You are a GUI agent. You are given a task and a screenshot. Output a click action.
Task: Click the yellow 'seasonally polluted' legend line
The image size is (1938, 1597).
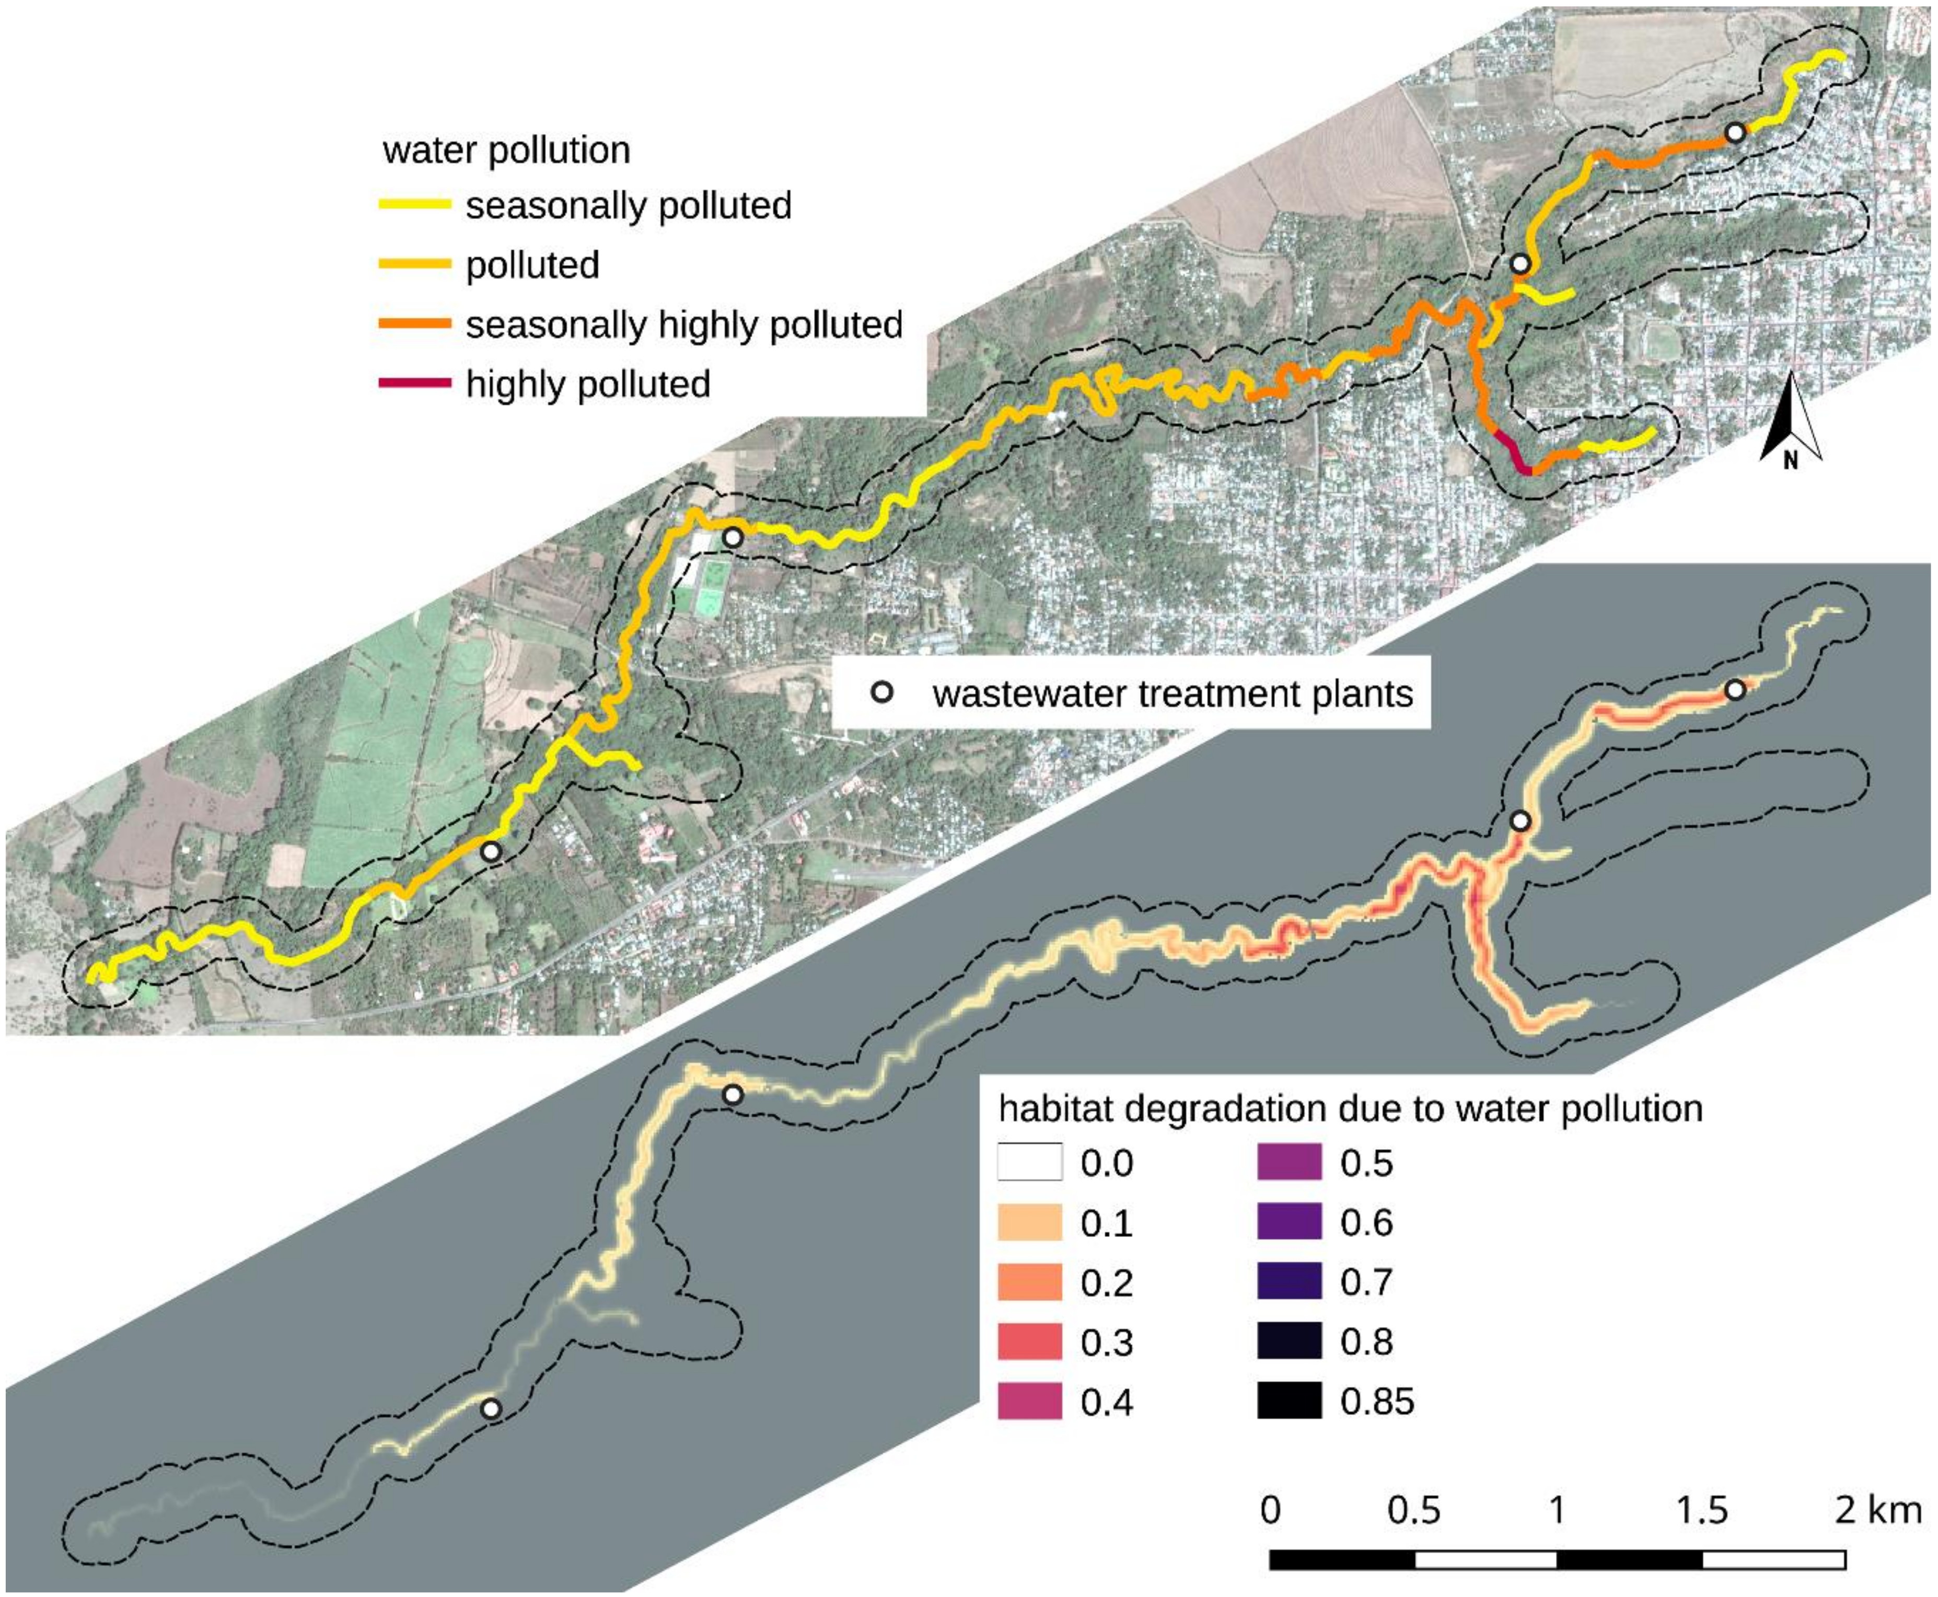point(415,205)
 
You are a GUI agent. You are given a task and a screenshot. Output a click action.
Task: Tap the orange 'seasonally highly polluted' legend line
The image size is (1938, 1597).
point(415,324)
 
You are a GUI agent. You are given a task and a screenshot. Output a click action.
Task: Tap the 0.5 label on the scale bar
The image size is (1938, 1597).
point(1414,1511)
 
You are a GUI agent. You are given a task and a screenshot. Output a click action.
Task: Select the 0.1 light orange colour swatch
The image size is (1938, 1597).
point(1029,1223)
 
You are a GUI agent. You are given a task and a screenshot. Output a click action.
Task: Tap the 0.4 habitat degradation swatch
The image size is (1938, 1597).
point(1029,1402)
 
